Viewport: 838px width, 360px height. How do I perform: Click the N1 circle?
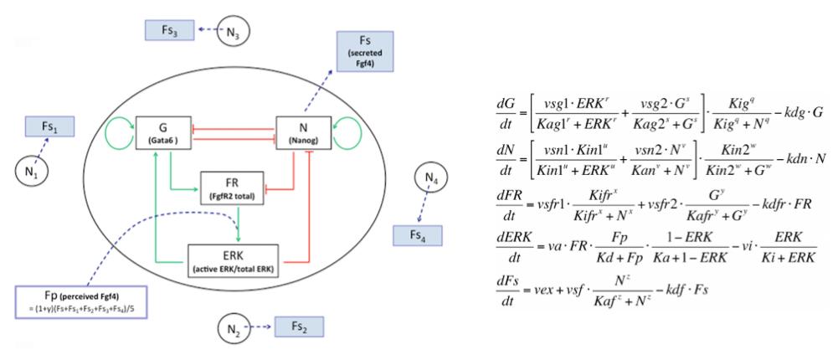coord(28,174)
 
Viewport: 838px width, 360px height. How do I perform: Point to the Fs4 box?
coord(417,235)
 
